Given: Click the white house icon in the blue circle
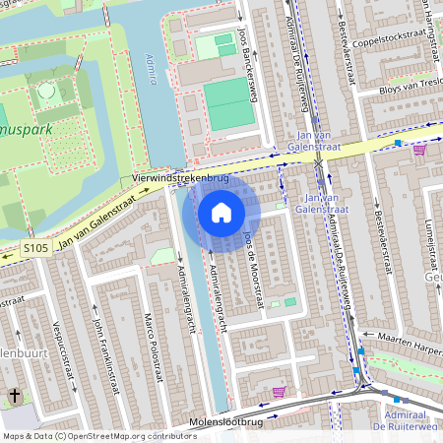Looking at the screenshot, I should click(221, 213).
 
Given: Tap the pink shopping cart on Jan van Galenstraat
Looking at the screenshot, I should click(419, 150).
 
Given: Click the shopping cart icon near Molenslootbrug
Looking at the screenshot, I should click(279, 392).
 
